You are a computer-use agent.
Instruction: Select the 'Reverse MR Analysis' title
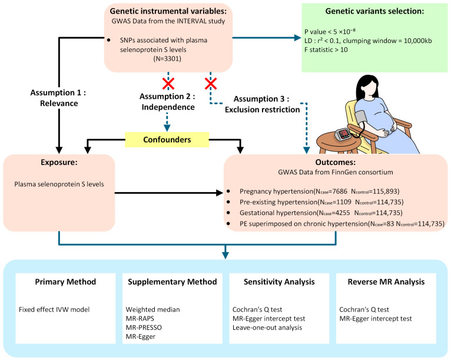(382, 282)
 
